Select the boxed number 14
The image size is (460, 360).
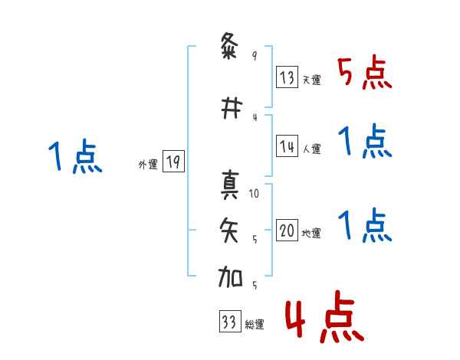[x=287, y=146]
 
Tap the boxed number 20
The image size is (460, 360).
[x=287, y=231]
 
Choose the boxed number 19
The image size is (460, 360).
[x=173, y=162]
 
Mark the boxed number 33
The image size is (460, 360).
[x=228, y=322]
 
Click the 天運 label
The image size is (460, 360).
[x=311, y=80]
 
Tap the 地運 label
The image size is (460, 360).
[x=311, y=234]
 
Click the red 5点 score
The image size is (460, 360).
[x=365, y=73]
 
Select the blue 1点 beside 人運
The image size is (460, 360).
[x=365, y=142]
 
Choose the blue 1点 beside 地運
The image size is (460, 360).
[x=365, y=226]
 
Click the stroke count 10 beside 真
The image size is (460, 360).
[x=255, y=194]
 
